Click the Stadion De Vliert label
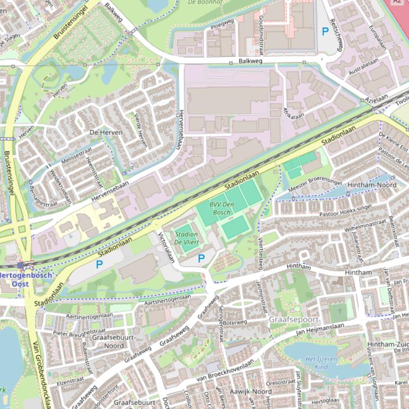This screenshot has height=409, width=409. [186, 238]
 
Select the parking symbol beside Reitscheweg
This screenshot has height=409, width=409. [325, 32]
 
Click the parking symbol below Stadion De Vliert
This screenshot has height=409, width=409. [201, 258]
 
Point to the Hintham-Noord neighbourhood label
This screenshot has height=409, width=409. [371, 185]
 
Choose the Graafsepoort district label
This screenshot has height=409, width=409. [294, 320]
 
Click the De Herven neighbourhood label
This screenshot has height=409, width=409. [106, 132]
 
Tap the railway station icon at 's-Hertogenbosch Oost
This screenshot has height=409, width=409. [20, 265]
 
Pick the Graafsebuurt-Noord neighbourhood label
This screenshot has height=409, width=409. [114, 342]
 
